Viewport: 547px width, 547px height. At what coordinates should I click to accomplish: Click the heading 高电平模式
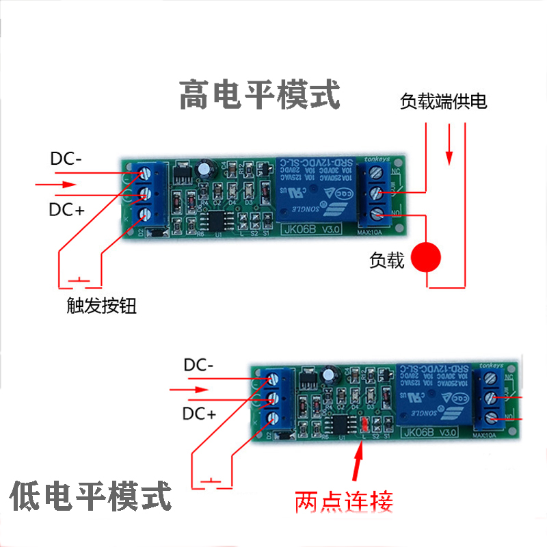pyautogui.click(x=259, y=95)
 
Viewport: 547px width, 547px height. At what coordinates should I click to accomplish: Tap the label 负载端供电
pyautogui.click(x=443, y=103)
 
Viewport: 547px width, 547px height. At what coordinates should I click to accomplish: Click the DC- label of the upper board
pyautogui.click(x=66, y=159)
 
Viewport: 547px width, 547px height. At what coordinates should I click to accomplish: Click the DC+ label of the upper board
pyautogui.click(x=66, y=210)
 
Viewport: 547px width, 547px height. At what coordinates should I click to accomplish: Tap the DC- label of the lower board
pyautogui.click(x=198, y=365)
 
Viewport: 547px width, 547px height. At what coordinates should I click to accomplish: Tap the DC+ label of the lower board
pyautogui.click(x=199, y=414)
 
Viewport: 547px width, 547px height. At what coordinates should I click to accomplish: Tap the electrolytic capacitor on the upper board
pyautogui.click(x=206, y=169)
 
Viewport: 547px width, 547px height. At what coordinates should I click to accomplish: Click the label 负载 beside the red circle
pyautogui.click(x=386, y=260)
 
